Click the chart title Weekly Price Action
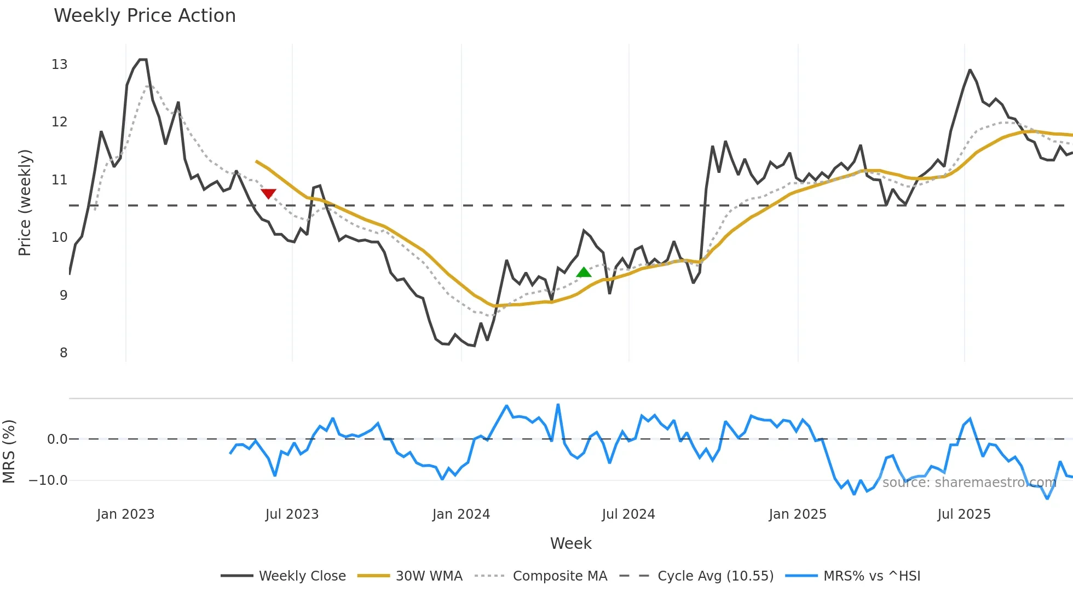145,16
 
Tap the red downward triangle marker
268,194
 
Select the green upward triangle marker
584,272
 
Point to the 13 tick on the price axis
60,65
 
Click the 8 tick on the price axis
64,353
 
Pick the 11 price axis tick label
60,180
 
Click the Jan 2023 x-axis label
125,514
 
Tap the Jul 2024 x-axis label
628,514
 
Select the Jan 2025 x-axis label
797,514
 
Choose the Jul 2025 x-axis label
964,514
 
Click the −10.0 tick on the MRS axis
48,480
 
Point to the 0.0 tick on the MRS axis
57,439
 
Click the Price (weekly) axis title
25,202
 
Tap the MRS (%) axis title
9,451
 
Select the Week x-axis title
570,543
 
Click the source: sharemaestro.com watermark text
969,483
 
